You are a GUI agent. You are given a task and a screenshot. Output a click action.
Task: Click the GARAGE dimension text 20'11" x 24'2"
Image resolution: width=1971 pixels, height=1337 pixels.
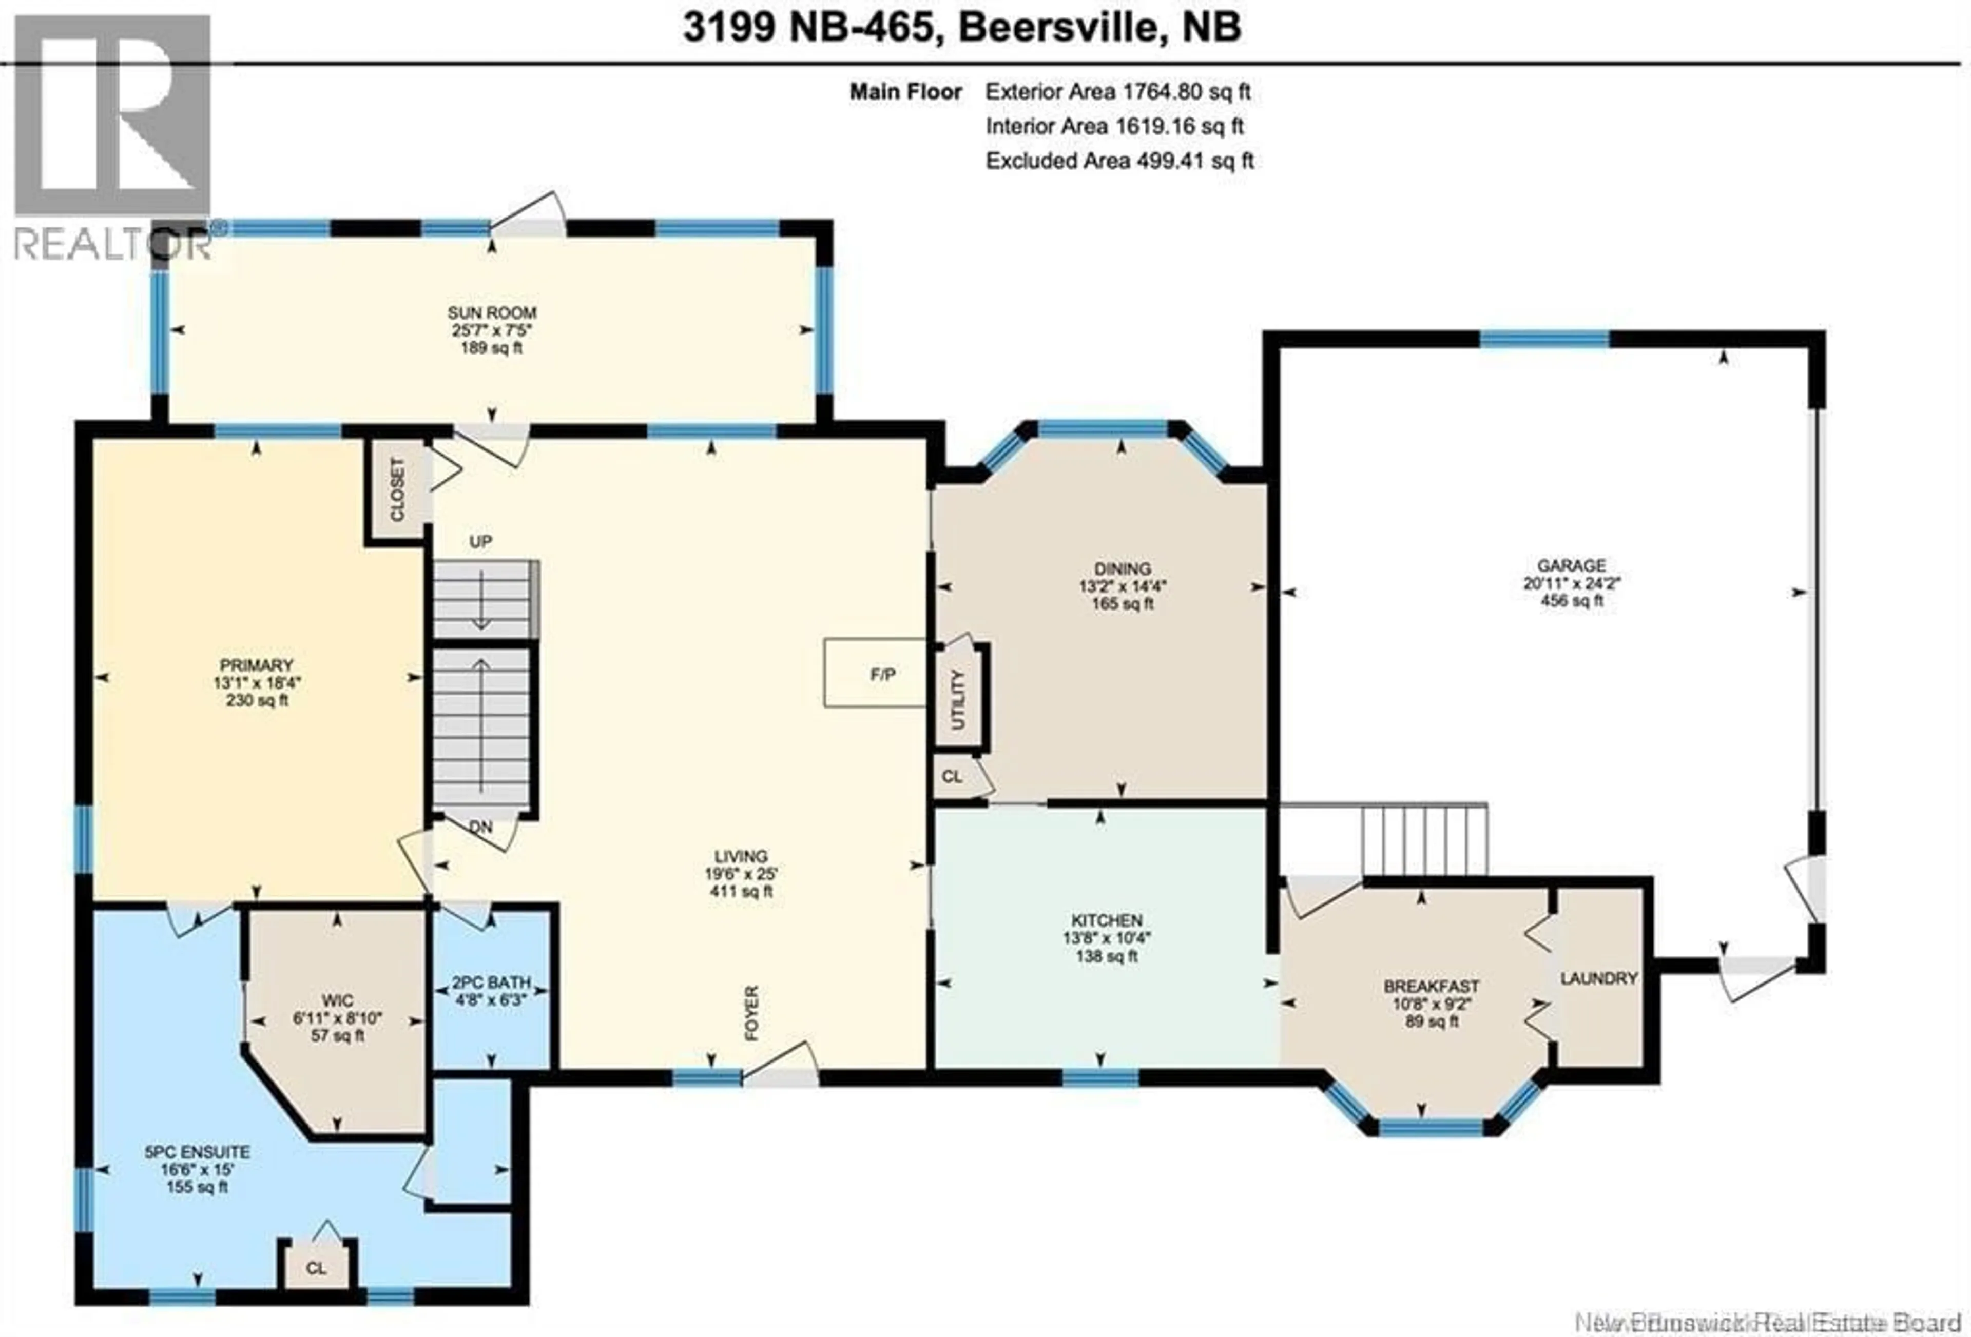(x=1572, y=583)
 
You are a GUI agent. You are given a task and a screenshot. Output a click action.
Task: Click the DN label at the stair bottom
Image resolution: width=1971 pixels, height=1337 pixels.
(x=481, y=827)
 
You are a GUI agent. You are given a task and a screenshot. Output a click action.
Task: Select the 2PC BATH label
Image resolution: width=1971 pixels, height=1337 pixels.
(x=491, y=982)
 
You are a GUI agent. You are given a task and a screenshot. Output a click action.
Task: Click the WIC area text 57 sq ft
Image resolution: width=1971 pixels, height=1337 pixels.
(x=337, y=1036)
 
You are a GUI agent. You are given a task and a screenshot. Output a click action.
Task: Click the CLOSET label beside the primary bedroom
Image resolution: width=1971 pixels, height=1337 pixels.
(x=397, y=490)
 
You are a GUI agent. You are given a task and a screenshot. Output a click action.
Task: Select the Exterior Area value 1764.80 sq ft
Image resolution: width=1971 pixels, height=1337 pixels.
(x=1186, y=91)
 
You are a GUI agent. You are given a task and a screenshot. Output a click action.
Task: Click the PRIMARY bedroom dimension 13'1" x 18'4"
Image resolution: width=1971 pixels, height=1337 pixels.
(x=257, y=682)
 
